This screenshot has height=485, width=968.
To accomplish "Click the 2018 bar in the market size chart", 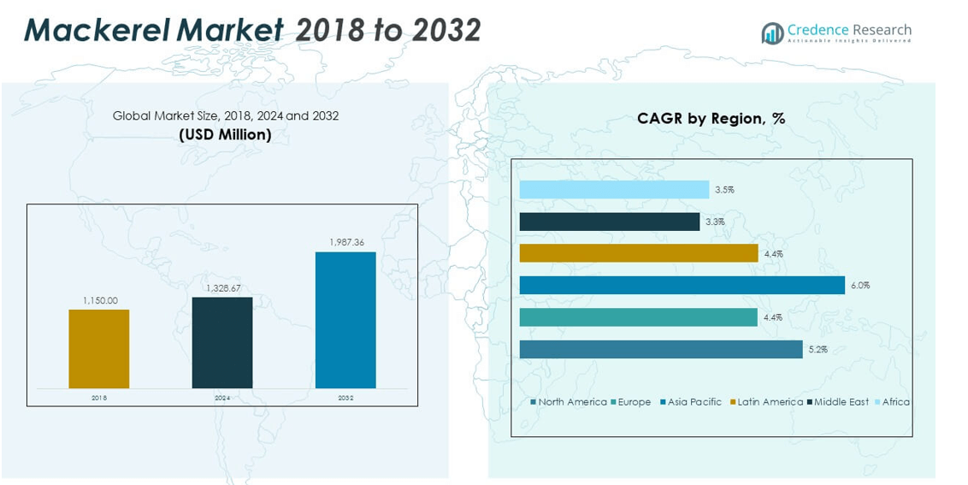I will click(99, 349).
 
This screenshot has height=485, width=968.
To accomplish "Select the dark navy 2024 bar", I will click(222, 342).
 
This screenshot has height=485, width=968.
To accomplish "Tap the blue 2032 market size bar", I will click(345, 320).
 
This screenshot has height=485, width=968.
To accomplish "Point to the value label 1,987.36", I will click(346, 243).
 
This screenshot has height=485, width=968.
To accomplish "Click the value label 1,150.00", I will click(100, 300).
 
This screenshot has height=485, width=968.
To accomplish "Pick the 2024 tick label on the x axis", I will click(222, 398).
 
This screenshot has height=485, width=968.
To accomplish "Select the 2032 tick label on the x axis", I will click(345, 398).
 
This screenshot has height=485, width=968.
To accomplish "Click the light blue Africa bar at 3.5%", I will click(614, 190).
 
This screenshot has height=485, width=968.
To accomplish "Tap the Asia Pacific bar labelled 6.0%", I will click(682, 286).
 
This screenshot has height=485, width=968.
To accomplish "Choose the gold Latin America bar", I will click(639, 253).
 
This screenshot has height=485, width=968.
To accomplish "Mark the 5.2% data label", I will click(817, 350).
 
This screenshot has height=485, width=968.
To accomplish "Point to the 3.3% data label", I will click(714, 222).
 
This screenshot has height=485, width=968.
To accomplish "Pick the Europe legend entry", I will click(632, 402).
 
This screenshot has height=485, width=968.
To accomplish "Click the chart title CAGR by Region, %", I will click(711, 119).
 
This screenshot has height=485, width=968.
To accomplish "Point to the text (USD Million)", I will click(226, 134).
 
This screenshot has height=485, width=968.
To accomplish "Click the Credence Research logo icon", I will click(772, 33).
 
